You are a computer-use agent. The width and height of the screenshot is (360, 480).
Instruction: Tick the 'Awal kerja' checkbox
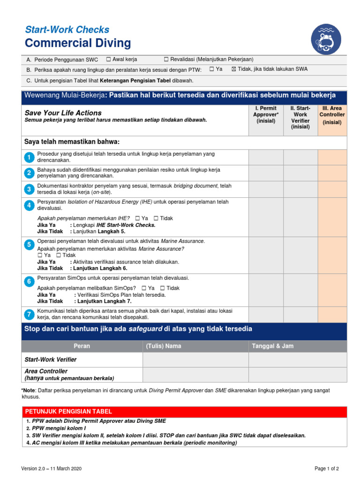pos(108,59)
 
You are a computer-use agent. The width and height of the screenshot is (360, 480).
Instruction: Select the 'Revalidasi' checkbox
pos(166,59)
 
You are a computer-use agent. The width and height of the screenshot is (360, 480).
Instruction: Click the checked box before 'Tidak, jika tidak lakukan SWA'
pos(234,69)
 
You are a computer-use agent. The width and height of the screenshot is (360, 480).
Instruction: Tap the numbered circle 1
pos(29,157)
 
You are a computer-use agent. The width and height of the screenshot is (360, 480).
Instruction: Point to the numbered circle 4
pos(29,205)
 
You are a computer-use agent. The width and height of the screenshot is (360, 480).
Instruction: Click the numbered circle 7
pos(29,314)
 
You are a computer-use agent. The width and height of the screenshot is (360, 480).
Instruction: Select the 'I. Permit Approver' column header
pos(266,115)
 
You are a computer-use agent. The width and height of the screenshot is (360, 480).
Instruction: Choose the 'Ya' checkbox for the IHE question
pos(137,218)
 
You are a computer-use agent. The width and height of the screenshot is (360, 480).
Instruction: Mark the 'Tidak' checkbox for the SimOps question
pos(162,288)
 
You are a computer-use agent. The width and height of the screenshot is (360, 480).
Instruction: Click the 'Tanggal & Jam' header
pos(273,346)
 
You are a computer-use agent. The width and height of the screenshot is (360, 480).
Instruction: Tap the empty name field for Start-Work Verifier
pos(195,360)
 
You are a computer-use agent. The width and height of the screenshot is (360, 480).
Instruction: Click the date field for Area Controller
pos(297,375)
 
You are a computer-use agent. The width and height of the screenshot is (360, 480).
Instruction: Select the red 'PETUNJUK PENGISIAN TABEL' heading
pos(68,412)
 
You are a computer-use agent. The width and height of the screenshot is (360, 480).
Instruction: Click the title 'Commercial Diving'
pos(78,44)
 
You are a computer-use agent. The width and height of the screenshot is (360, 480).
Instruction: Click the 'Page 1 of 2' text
pos(326,468)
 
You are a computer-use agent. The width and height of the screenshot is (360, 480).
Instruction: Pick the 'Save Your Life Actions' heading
pos(63,113)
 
